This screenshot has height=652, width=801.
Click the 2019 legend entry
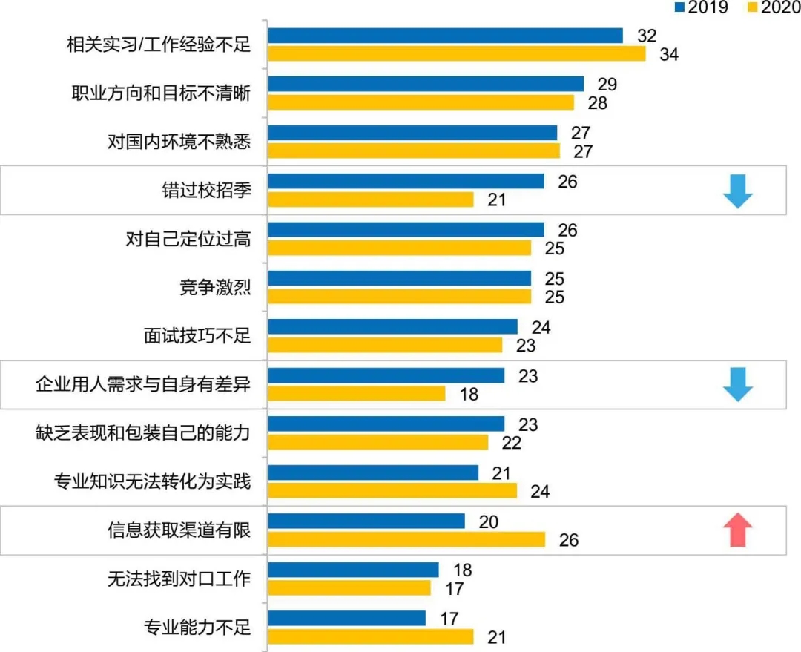pos(702,8)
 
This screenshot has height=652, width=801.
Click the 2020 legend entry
pos(768,8)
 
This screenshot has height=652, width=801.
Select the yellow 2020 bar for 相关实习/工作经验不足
pos(456,53)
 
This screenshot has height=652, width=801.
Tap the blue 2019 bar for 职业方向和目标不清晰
pos(426,84)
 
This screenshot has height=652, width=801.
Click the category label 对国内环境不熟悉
pos(179,142)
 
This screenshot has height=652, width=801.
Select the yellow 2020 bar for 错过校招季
pos(370,200)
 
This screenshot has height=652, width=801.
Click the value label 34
pos(670,54)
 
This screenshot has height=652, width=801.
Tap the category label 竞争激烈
pos(215,287)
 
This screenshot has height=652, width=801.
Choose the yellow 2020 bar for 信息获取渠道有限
pos(406,539)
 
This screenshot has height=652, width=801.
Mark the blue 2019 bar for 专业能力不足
pos(346,618)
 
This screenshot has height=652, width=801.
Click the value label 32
pos(647,36)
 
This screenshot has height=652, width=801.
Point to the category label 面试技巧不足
pos(197,336)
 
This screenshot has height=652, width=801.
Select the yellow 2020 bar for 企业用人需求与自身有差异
pos(356,393)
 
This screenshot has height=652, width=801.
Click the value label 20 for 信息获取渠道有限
pos(488,521)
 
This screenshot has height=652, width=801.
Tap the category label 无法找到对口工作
pos(179,579)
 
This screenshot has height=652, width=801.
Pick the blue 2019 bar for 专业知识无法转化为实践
pos(372,472)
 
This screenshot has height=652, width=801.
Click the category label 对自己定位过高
pos(188,239)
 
